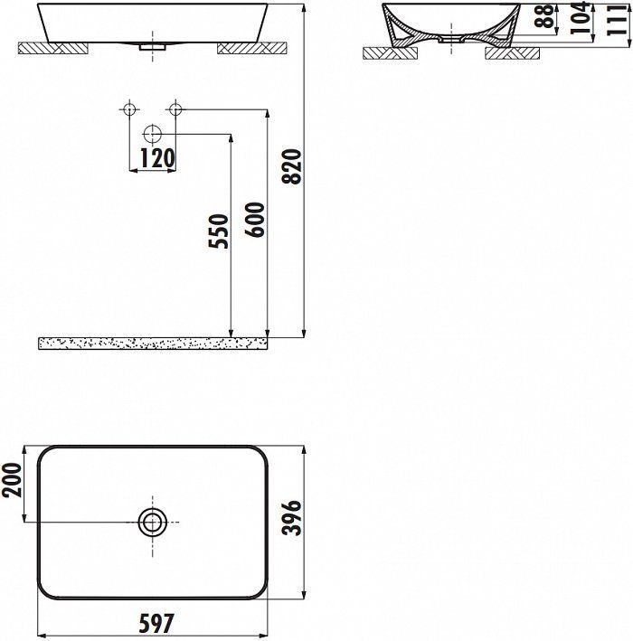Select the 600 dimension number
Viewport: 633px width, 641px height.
255,220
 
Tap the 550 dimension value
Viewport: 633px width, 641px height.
218,231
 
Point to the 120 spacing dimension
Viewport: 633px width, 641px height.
157,158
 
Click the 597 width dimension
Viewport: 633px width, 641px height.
156,624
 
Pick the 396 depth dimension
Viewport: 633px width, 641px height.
292,517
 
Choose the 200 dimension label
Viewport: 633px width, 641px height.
12,480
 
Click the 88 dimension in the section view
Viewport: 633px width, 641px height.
544,16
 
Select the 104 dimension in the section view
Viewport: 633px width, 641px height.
581,17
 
